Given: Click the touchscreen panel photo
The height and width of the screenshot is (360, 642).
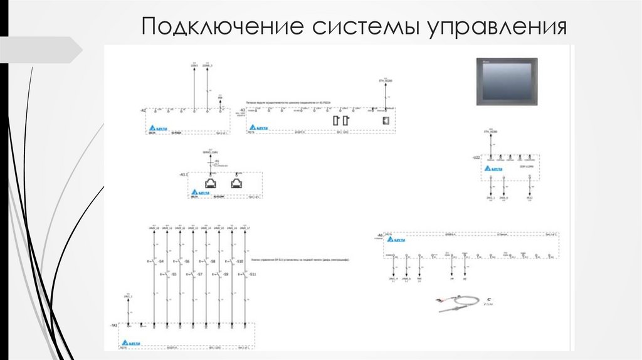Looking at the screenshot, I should coord(507,81).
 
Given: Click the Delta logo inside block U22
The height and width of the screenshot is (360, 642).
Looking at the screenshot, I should coord(496,169).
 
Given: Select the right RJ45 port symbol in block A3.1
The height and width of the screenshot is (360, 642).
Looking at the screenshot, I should coord(236,184).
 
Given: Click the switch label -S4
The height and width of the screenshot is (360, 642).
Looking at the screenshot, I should coord(161,261).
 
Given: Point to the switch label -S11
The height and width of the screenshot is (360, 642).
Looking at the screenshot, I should coord(253,275).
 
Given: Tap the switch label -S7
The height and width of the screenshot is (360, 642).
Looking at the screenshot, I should coord(200,275).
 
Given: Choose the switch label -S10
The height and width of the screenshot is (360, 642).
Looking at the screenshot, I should coord(239,261).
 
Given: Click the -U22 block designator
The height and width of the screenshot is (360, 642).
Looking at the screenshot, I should coord(476,156).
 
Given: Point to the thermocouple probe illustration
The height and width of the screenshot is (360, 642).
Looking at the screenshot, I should coord(460,304).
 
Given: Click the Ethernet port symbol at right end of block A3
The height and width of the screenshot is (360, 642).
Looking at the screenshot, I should coord(386,120).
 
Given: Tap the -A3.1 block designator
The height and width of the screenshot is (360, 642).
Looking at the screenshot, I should coord(184,173).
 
